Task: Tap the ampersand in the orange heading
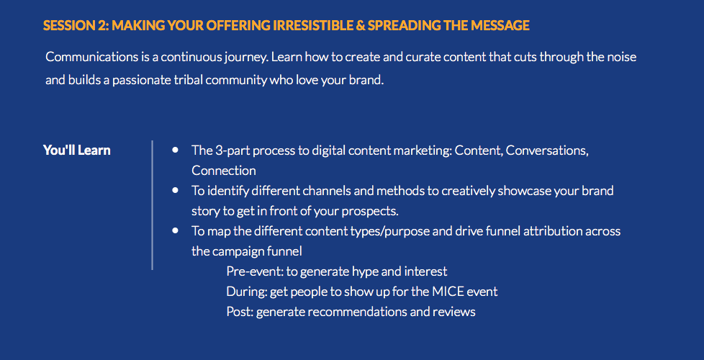click(x=360, y=26)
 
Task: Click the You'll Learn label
click(x=77, y=150)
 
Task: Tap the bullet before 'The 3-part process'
click(x=175, y=150)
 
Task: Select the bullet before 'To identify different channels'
click(x=175, y=190)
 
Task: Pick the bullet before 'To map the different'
click(x=175, y=230)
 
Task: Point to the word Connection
click(x=224, y=171)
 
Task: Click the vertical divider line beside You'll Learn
click(x=152, y=204)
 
